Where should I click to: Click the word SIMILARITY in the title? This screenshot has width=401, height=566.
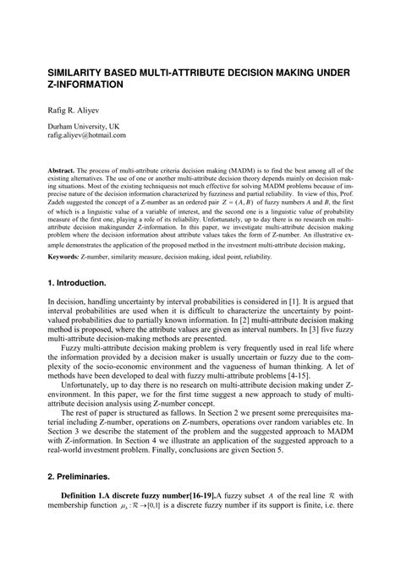tap(80, 74)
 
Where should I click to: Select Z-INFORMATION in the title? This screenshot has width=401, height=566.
tap(88, 88)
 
